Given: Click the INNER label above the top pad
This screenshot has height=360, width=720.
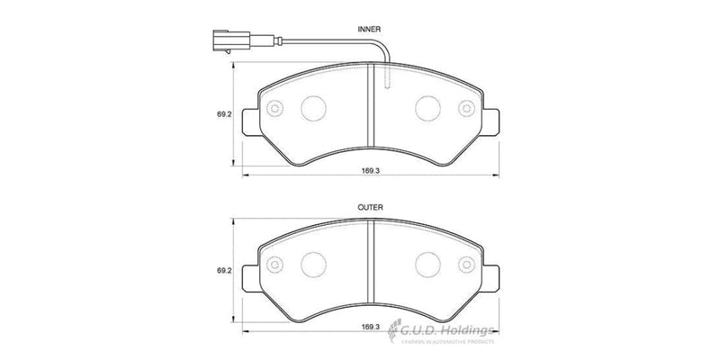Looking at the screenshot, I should tap(371, 29).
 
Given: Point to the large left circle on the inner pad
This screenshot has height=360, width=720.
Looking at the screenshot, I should tap(313, 109).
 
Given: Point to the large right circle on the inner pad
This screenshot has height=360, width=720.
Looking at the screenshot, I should tap(427, 109).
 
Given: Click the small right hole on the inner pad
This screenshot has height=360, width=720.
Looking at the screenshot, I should tap(466, 109).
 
